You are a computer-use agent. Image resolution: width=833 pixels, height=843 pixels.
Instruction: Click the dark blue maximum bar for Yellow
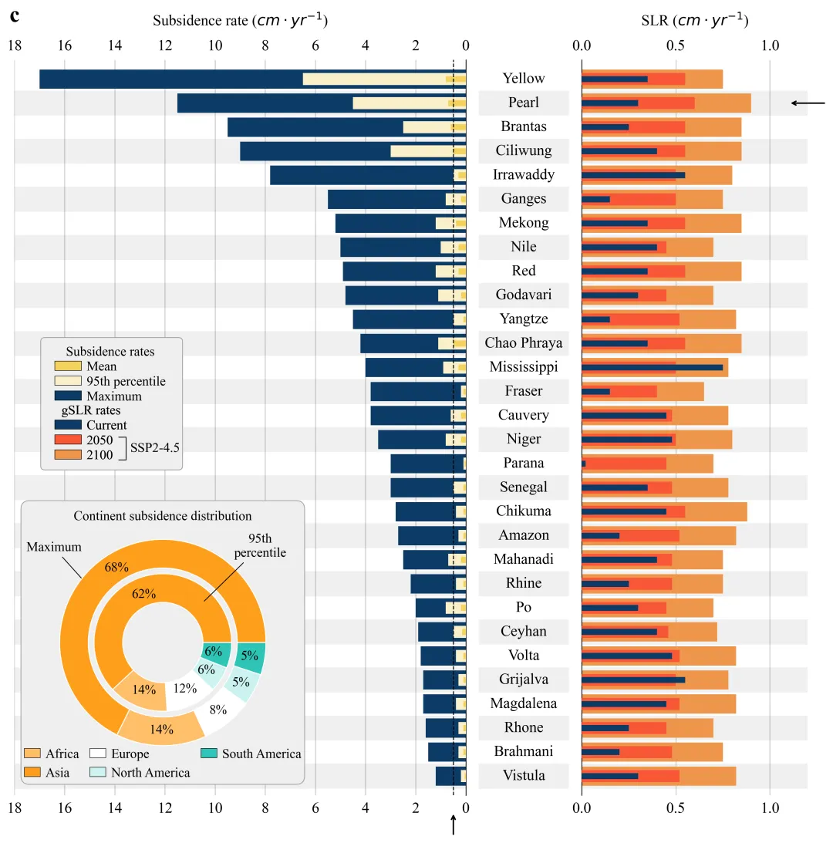(170, 79)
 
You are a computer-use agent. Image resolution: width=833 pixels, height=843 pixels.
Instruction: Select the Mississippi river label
(524, 367)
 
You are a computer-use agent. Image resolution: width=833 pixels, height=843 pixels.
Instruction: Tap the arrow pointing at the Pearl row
(808, 103)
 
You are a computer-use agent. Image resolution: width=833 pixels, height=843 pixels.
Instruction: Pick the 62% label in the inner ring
(144, 594)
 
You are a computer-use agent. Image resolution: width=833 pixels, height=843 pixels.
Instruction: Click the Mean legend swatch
(67, 366)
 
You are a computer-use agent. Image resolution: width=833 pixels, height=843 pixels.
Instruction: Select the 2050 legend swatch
(67, 440)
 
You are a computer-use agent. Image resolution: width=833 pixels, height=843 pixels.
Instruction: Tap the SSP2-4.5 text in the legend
(154, 447)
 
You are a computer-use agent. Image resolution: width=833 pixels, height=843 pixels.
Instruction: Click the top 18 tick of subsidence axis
(14, 46)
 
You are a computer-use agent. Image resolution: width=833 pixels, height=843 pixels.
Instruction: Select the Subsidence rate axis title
(240, 21)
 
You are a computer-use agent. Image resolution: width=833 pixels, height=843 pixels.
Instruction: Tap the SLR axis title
(694, 21)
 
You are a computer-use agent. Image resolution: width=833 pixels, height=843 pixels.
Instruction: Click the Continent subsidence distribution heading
(163, 516)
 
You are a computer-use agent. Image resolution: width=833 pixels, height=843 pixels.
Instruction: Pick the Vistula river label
(524, 776)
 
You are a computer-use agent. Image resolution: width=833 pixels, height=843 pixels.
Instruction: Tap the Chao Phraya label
(524, 343)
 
